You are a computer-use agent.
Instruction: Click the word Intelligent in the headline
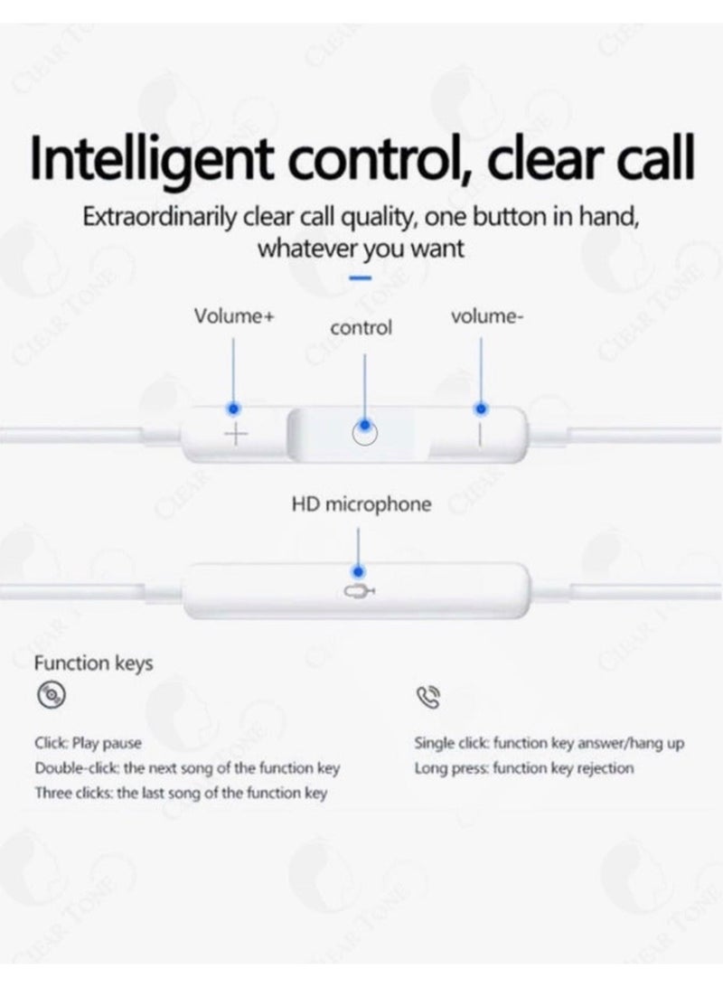click(x=152, y=159)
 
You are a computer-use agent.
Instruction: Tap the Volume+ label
click(x=233, y=315)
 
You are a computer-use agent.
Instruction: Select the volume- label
click(x=486, y=315)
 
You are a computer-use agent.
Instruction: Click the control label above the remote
click(x=361, y=327)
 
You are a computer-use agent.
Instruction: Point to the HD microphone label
click(x=361, y=504)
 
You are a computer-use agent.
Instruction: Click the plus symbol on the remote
click(x=236, y=434)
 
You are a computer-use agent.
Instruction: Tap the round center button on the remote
click(x=364, y=433)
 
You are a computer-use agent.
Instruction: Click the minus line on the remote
click(x=480, y=435)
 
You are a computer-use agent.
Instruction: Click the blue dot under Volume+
click(x=233, y=409)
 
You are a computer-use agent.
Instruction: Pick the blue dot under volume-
click(x=481, y=409)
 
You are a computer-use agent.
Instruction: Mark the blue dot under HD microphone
click(x=358, y=571)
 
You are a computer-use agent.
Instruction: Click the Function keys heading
click(x=94, y=663)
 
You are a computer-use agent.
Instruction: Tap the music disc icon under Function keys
click(x=51, y=695)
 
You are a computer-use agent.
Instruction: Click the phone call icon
click(x=427, y=696)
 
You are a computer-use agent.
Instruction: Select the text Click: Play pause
click(x=88, y=743)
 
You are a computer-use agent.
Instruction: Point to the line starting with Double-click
click(x=187, y=768)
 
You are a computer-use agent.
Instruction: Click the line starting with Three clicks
click(x=181, y=794)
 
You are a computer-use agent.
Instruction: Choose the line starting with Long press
click(x=523, y=768)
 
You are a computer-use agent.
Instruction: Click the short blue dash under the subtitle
click(x=360, y=277)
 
